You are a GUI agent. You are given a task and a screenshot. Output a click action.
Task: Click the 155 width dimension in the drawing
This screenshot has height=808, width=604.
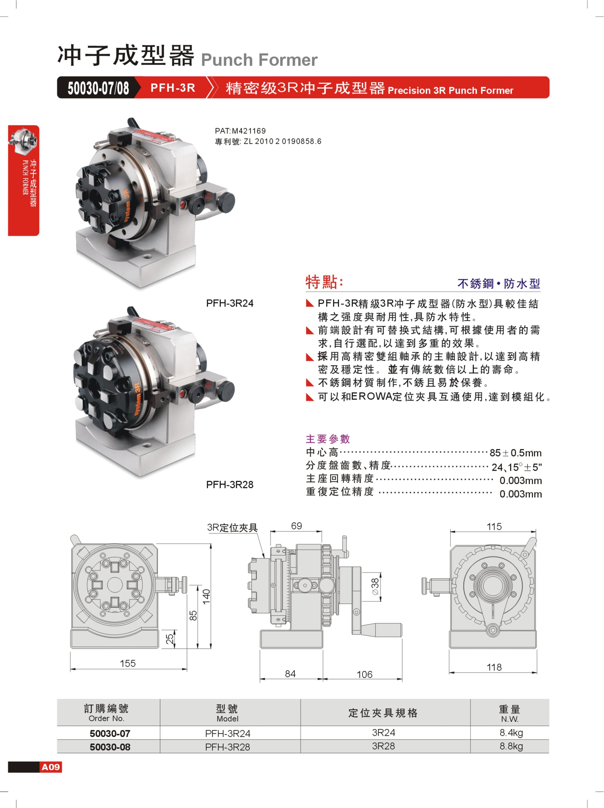pos(127,663)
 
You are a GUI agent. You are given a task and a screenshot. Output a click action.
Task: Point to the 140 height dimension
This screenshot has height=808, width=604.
pos(206,597)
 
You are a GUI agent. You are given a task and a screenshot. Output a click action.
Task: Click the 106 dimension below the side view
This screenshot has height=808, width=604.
pos(364,674)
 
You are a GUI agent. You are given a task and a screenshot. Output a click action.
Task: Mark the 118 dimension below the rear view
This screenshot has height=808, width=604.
pos(494,667)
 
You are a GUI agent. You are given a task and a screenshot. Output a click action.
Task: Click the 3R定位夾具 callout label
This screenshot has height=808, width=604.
pos(232,527)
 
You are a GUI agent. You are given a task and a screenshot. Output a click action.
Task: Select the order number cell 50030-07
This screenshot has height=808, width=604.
pos(110,733)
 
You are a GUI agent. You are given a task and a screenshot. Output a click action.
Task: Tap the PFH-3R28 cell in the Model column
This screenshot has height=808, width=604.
pos(227,747)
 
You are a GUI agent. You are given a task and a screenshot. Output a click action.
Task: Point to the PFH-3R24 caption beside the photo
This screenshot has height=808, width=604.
pos(230,303)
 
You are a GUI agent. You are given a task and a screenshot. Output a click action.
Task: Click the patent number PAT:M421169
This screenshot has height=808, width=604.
pos(240,131)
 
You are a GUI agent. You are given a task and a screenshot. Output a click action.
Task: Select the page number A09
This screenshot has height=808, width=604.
pos(50,767)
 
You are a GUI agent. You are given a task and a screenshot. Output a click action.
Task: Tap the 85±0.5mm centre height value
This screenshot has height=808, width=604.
pos(516,453)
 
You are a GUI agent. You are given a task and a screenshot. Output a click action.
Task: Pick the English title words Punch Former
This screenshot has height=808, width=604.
pos(259,60)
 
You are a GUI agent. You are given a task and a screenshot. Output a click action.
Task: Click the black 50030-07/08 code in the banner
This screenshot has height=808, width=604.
pos(98,88)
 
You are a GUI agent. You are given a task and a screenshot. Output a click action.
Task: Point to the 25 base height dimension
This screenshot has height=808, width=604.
pos(170,638)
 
